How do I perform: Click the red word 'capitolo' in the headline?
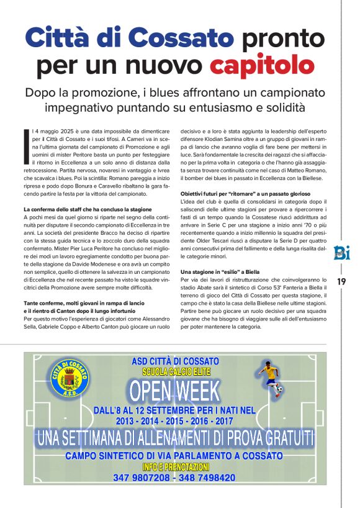[x=262, y=64]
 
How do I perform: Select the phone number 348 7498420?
[x=207, y=478]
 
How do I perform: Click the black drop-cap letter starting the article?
[x=27, y=142]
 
